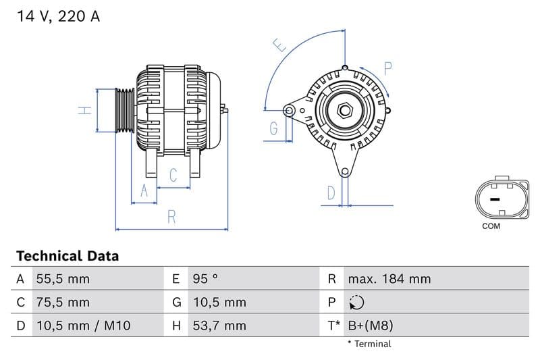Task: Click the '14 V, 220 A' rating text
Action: pos(57,17)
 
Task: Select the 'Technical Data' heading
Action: pos(67,256)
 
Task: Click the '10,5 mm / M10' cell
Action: pos(83,326)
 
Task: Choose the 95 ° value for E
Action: pos(205,279)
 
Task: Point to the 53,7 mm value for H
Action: pos(219,326)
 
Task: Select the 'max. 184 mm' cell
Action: pos(389,279)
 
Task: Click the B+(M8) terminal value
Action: pos(370,326)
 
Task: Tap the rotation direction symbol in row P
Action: pos(358,303)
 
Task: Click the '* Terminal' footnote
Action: pos(369,344)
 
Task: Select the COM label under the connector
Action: pos(491,226)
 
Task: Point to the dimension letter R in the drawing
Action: pos(172,217)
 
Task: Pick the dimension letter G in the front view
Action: pos(274,128)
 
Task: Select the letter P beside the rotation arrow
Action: pos(388,68)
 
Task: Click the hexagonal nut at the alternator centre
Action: pos(344,109)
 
